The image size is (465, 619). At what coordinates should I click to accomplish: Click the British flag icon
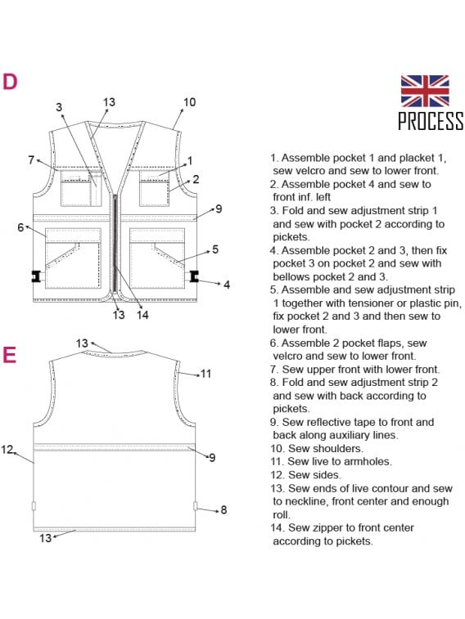[x=425, y=92]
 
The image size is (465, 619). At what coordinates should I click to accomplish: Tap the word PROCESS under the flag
[x=431, y=121]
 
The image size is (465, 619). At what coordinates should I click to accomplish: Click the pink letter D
[x=10, y=82]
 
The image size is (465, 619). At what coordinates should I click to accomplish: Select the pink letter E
[x=10, y=355]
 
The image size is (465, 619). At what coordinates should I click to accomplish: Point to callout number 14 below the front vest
[x=142, y=315]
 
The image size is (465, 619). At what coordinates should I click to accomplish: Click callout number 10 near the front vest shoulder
[x=190, y=102]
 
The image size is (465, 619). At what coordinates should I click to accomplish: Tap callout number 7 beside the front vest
[x=31, y=160]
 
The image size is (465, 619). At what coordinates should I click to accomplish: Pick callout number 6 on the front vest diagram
[x=20, y=227]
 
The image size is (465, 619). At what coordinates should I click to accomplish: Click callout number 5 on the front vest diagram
[x=215, y=249]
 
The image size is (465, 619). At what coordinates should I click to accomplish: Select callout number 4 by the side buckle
[x=227, y=285]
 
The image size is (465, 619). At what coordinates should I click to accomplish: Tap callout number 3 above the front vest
[x=59, y=107]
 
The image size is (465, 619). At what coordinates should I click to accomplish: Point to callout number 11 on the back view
[x=205, y=374]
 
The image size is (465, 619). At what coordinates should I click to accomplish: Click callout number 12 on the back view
[x=7, y=449]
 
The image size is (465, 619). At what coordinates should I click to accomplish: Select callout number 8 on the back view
[x=224, y=510]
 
